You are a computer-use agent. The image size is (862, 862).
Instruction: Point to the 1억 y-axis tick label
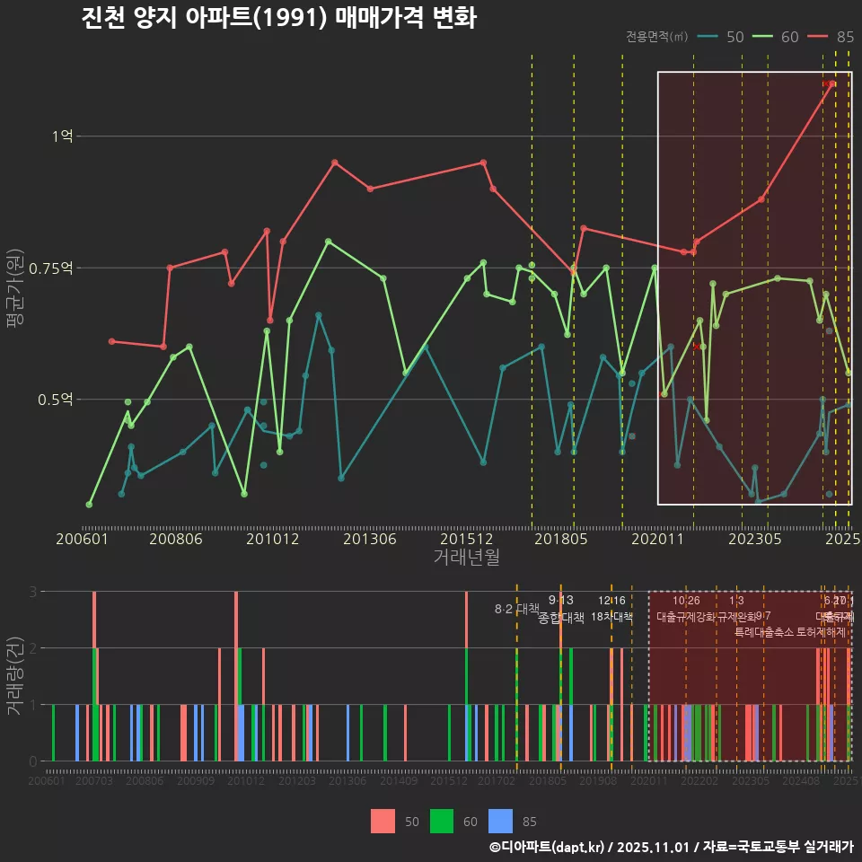point(62,136)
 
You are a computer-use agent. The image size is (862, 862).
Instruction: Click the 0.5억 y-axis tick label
point(57,400)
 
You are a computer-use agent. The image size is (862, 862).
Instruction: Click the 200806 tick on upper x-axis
point(174,540)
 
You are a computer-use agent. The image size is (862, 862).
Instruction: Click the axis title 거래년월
point(467,558)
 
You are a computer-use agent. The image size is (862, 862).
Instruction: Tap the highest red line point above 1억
point(832,84)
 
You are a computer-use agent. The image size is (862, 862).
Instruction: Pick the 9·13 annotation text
point(560,601)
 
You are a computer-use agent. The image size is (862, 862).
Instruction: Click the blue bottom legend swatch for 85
point(500,821)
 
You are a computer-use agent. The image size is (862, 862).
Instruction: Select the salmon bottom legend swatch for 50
point(383,821)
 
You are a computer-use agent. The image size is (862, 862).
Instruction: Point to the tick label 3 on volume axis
point(32,592)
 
